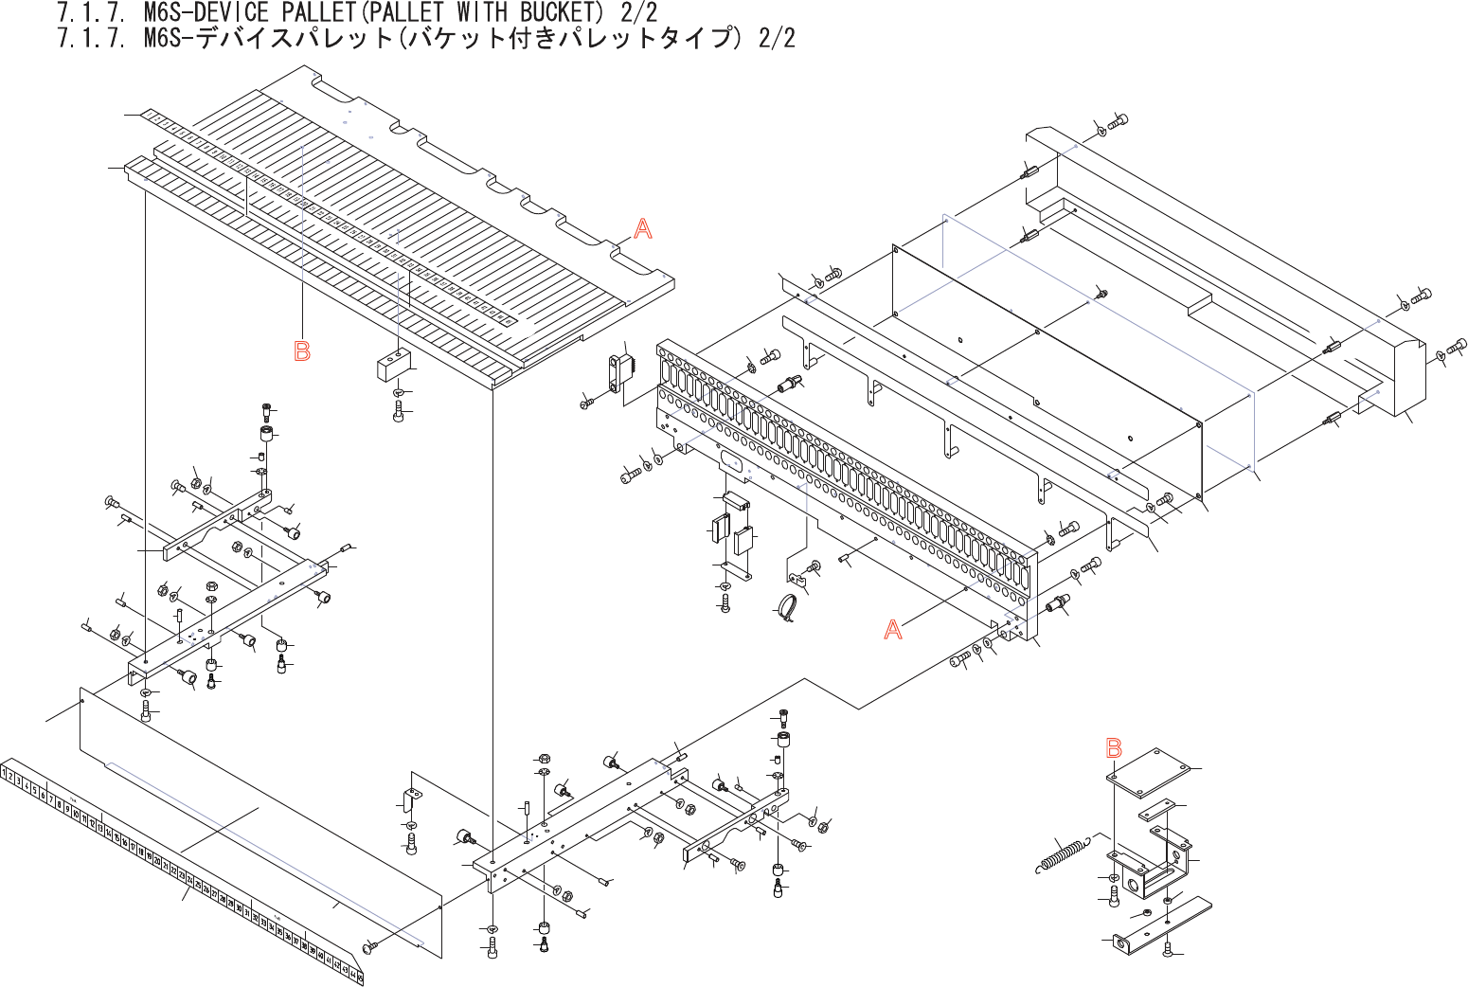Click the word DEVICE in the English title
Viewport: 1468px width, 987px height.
tap(231, 12)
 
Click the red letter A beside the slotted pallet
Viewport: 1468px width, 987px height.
tap(642, 228)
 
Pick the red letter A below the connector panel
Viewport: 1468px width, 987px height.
tap(892, 630)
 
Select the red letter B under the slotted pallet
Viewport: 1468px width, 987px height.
tap(302, 351)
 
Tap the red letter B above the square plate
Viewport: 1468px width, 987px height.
tap(1114, 748)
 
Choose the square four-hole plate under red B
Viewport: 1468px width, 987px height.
tap(1147, 771)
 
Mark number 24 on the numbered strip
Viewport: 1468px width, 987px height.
tap(190, 882)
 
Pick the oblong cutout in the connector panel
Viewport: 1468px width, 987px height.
tap(731, 461)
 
